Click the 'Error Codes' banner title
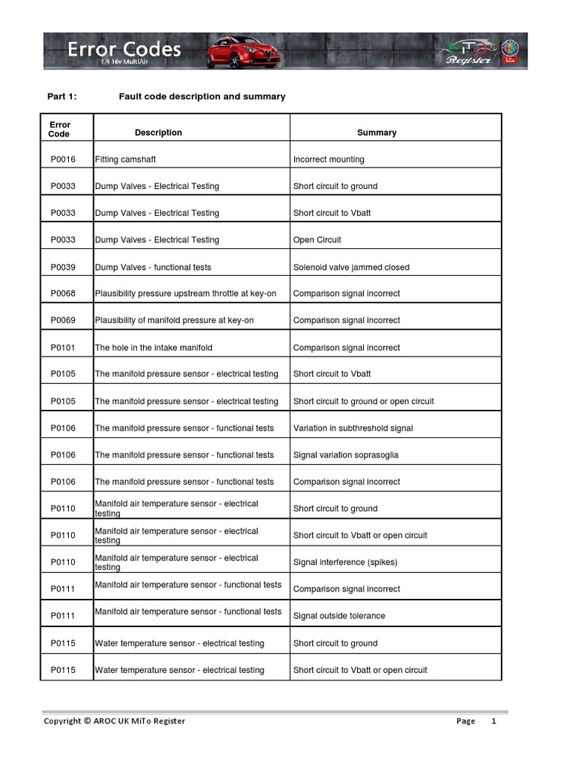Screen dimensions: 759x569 (124, 50)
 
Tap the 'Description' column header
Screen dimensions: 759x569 (158, 133)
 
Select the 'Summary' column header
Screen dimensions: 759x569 (376, 133)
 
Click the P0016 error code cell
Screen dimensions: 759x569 (63, 159)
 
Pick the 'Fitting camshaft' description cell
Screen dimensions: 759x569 (125, 159)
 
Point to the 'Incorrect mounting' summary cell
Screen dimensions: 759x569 (328, 159)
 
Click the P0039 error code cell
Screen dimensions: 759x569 (63, 267)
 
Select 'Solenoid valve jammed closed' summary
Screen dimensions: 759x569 (351, 267)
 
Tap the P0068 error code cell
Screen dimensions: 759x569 (63, 294)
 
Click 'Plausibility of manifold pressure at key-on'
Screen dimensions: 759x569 (174, 320)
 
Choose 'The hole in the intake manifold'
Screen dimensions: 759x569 (154, 348)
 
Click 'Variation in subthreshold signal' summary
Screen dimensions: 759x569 (353, 428)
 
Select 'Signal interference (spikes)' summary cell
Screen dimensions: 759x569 (345, 562)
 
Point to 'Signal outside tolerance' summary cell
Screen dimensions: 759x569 (339, 616)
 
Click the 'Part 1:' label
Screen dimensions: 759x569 (62, 96)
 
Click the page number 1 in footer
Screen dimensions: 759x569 (493, 720)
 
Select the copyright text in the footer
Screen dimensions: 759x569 (115, 720)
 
